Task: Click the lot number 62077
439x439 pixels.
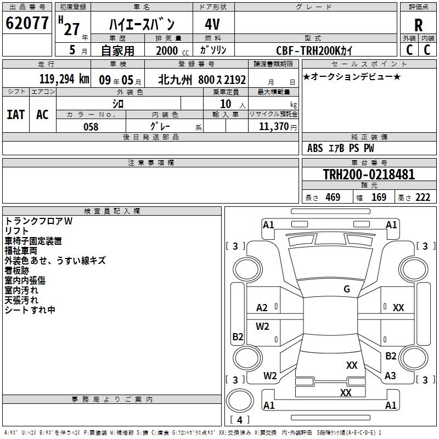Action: click(x=26, y=23)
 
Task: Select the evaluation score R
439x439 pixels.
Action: click(x=419, y=25)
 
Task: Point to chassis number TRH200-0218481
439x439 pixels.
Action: click(x=369, y=175)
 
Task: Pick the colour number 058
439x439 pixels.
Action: click(x=91, y=127)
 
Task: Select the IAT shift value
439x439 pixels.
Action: click(x=15, y=115)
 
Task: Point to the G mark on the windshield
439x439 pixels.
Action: click(x=346, y=289)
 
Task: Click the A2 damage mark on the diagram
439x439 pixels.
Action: click(x=262, y=308)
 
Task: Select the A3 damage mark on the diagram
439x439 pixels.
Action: click(x=390, y=375)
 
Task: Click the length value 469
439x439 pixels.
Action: click(x=333, y=198)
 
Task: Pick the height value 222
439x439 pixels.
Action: click(x=423, y=198)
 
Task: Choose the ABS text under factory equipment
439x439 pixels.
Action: click(x=316, y=148)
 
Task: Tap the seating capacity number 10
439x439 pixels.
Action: click(x=225, y=104)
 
